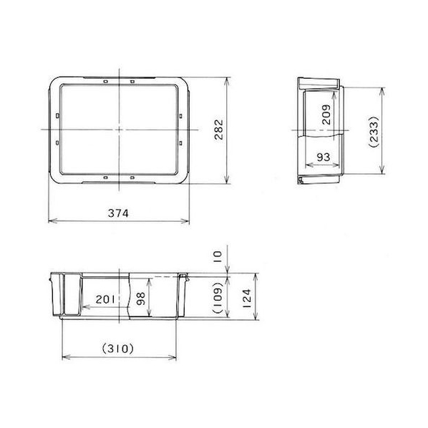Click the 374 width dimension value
[118, 213]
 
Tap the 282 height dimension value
[219, 130]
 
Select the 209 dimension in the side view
[326, 115]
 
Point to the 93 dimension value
[324, 157]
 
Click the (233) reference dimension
[374, 132]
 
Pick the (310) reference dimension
[118, 349]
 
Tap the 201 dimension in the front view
[105, 300]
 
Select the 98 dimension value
[141, 298]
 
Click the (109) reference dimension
[218, 298]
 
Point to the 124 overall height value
[247, 298]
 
